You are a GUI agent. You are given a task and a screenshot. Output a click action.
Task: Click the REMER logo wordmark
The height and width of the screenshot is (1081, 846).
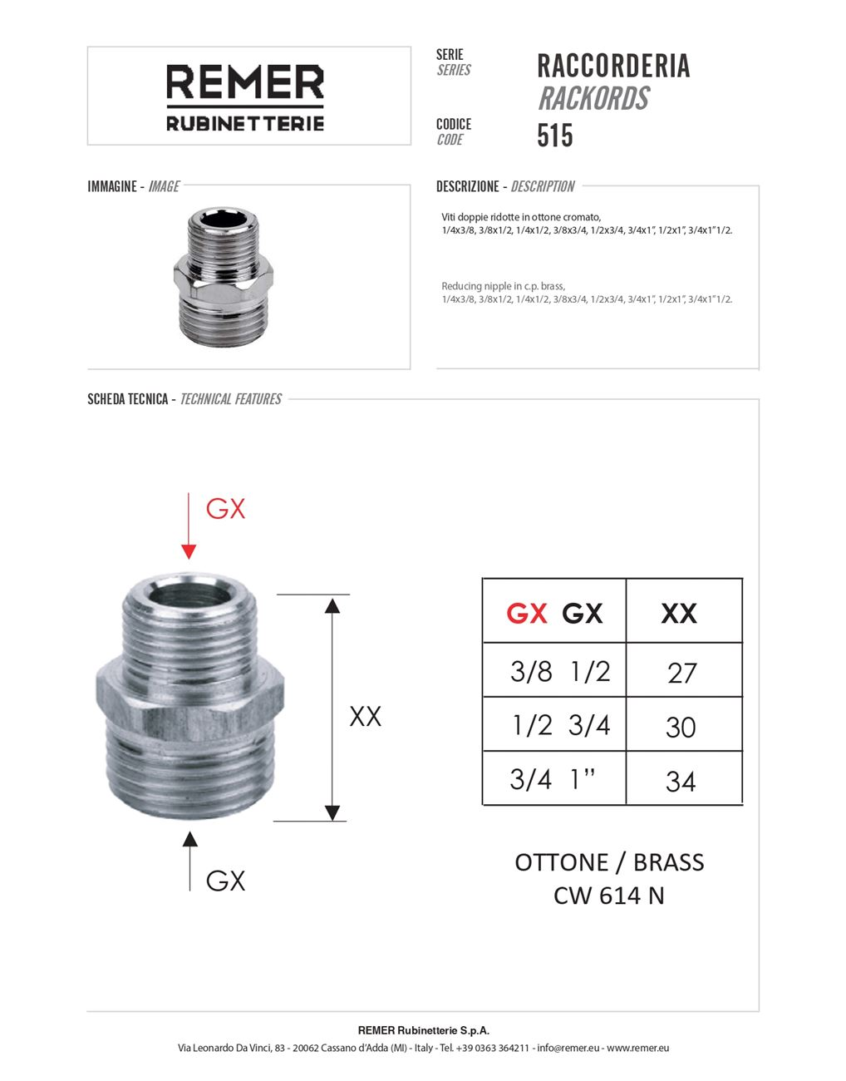245,83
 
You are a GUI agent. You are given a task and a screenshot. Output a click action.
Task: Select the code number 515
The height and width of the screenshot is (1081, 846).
555,136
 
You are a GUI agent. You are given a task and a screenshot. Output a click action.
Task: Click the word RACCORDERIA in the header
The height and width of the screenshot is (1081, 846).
613,66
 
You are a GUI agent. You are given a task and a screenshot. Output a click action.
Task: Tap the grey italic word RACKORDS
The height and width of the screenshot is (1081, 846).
593,99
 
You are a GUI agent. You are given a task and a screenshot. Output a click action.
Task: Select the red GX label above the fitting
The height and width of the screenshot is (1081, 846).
226,508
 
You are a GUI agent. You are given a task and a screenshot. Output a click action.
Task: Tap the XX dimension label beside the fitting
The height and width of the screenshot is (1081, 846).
365,716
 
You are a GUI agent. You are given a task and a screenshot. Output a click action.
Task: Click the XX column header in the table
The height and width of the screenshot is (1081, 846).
679,614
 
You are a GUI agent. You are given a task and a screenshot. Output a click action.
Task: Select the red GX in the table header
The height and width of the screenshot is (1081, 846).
527,614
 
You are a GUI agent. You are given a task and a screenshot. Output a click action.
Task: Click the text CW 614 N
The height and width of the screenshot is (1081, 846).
609,896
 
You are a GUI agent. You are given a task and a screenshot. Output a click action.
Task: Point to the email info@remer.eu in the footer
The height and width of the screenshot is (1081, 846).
568,1048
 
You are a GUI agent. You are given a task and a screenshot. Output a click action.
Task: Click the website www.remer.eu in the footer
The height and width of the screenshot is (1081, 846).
637,1048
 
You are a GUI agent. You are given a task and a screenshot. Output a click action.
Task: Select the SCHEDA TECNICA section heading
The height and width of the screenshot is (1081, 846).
128,399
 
